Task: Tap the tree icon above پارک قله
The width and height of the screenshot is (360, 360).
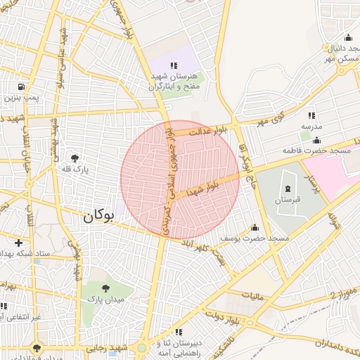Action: pos(75,158)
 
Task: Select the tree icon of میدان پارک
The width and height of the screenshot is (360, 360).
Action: pos(105,288)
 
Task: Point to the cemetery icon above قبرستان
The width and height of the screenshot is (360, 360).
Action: pos(287,188)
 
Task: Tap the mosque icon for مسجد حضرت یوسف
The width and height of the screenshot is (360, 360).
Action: pos(255,228)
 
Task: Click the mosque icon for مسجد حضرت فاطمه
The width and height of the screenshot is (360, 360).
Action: pos(316,140)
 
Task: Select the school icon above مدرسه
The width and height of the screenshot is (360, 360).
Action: pos(311,115)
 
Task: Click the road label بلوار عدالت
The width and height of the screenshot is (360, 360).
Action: pos(212,129)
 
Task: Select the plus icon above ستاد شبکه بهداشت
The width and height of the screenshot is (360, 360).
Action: pos(18,243)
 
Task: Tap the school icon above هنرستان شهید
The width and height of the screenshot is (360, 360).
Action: pos(174,65)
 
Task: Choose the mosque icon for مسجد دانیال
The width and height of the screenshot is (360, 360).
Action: pos(347,37)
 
